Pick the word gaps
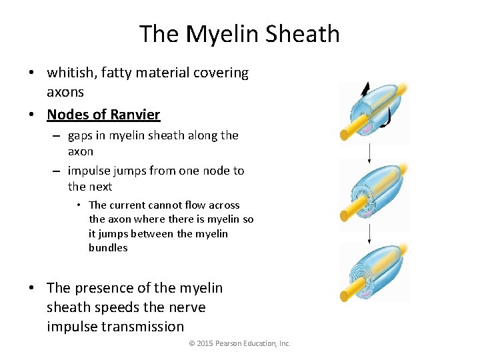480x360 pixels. tap(83, 135)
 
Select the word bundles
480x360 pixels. tap(108, 248)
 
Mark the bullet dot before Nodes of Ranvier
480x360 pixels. tap(32, 115)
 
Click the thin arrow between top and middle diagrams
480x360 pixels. tap(369, 152)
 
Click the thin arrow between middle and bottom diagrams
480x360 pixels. tap(370, 233)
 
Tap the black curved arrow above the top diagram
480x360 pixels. tap(365, 89)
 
